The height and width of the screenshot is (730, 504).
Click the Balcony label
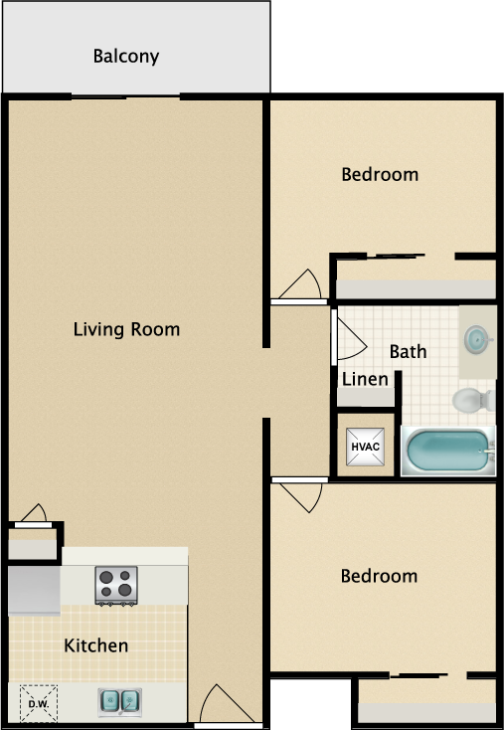tap(126, 56)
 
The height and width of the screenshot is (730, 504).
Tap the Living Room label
tap(126, 329)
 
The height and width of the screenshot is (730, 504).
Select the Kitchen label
tap(96, 645)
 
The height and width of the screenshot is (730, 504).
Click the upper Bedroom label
tap(380, 174)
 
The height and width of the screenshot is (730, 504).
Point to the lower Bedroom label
tap(379, 576)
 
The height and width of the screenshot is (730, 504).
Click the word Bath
tap(408, 351)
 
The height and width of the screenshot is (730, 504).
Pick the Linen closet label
tap(365, 379)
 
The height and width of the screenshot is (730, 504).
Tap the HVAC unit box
tap(365, 448)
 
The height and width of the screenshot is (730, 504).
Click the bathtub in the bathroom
tap(447, 452)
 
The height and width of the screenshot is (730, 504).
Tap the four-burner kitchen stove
tap(115, 585)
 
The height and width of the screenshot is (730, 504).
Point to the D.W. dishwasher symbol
tap(39, 703)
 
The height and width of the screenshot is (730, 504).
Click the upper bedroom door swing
tap(301, 286)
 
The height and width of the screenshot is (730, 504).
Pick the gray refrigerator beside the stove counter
tap(34, 591)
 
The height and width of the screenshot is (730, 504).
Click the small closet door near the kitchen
tap(32, 514)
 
